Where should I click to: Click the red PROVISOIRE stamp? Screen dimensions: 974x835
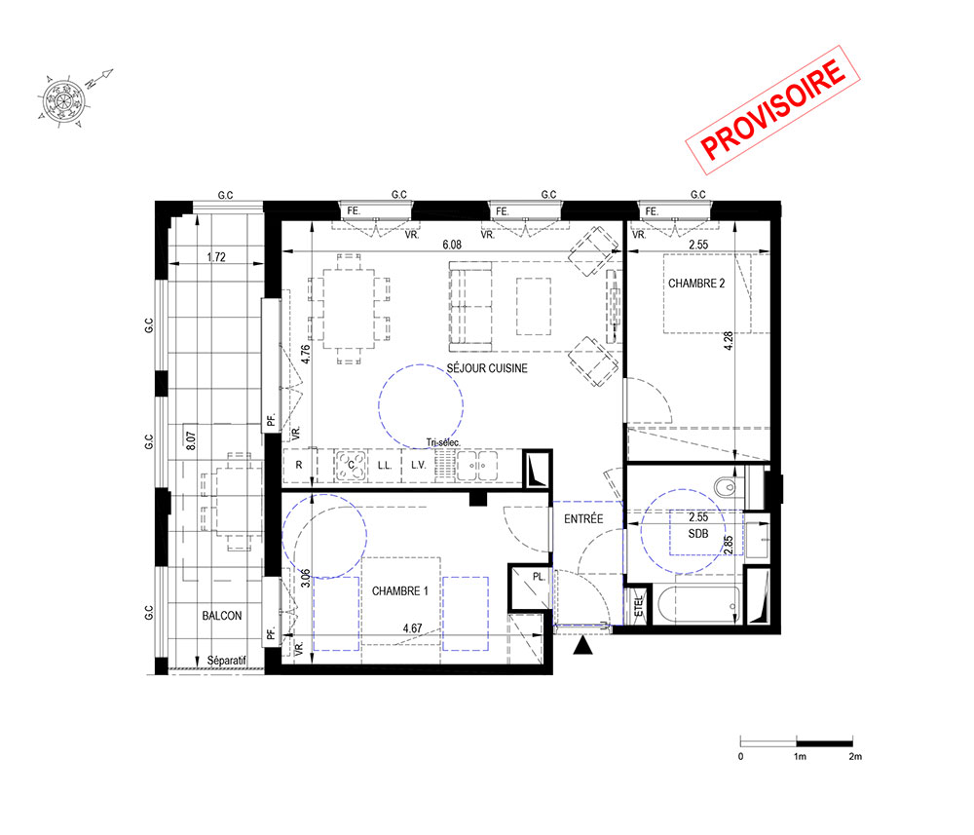772,109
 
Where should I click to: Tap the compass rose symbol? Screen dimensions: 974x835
63,100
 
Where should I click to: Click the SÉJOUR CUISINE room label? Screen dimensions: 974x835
487,368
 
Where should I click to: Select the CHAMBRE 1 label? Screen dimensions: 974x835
400,590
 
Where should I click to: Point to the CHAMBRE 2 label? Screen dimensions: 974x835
696,284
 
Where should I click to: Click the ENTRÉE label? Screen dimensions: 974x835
583,518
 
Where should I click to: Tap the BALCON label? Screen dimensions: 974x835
222,616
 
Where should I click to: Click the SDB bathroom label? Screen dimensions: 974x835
698,534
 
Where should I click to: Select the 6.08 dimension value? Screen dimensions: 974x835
452,245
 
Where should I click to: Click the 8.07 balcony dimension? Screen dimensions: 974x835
191,441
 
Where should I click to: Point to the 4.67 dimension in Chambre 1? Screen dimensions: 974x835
412,628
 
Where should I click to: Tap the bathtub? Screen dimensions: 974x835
698,604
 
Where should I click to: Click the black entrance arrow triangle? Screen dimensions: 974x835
582,646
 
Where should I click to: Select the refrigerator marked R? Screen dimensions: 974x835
299,466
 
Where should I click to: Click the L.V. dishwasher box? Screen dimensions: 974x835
418,466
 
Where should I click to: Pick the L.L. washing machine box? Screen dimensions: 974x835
385,466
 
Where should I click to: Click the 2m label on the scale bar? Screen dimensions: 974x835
855,757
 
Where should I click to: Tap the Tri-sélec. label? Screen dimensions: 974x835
443,442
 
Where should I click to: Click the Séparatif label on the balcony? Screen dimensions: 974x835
226,661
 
